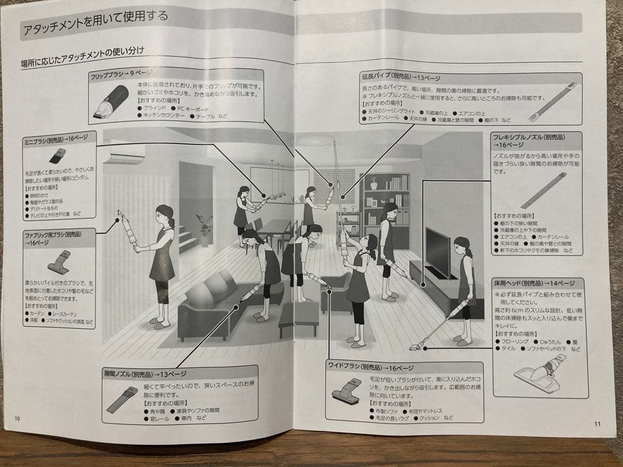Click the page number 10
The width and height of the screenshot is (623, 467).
tap(17, 418)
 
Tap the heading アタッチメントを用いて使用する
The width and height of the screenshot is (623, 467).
tap(95, 21)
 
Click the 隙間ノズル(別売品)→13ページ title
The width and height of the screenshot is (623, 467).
tap(145, 374)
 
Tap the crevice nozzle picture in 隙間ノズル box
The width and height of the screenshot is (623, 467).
tap(122, 399)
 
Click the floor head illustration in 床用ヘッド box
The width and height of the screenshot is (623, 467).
tap(540, 373)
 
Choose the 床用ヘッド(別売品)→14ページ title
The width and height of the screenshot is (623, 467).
tap(534, 284)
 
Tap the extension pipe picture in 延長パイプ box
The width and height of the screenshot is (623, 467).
tap(552, 101)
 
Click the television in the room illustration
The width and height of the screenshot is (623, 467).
tap(437, 251)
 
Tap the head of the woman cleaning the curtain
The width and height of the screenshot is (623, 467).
tap(165, 214)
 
